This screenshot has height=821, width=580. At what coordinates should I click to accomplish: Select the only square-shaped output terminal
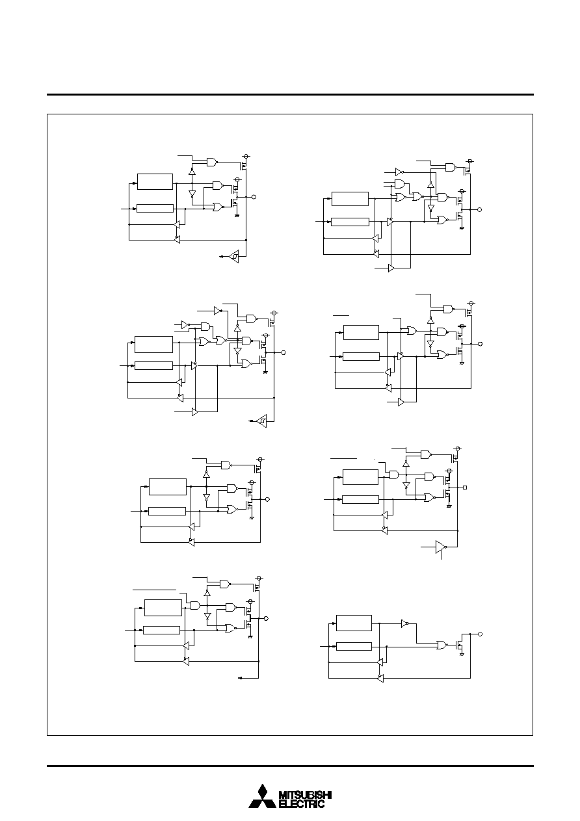[x=466, y=488]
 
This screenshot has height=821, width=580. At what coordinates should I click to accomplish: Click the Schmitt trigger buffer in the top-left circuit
[x=234, y=257]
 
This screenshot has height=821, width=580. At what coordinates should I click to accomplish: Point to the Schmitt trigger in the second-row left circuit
[x=262, y=421]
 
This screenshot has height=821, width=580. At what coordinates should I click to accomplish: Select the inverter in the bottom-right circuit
[x=405, y=623]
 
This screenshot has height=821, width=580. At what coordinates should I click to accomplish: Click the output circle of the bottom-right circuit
[x=481, y=634]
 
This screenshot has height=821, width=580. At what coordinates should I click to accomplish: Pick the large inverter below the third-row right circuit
[x=441, y=547]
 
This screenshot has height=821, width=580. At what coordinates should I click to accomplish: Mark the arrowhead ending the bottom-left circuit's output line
[x=240, y=678]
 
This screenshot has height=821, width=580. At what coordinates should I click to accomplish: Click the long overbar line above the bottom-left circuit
[x=154, y=590]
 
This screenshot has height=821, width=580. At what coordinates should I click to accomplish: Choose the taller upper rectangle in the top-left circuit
[x=155, y=182]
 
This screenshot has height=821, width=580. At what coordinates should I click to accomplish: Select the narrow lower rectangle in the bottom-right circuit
[x=354, y=647]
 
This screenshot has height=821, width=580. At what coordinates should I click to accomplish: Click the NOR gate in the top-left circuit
[x=218, y=207]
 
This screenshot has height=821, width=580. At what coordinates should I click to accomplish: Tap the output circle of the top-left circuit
[x=254, y=197]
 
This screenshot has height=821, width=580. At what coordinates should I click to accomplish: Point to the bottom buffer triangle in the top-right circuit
[x=391, y=268]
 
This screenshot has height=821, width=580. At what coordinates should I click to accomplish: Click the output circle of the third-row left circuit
[x=268, y=499]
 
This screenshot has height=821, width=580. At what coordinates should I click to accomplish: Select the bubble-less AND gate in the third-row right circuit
[x=395, y=475]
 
